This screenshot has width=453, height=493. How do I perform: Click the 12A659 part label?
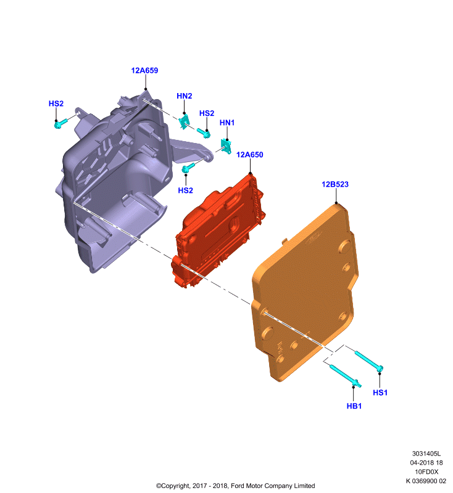click(144, 70)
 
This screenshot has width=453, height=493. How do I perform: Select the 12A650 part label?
click(249, 155)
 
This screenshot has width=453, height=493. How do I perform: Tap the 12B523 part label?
click(335, 184)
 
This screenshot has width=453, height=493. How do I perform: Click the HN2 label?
click(184, 96)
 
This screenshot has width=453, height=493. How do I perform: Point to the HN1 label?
click(227, 123)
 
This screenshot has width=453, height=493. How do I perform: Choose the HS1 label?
click(380, 393)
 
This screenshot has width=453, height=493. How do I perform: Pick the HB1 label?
click(354, 406)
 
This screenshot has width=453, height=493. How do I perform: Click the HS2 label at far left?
click(56, 104)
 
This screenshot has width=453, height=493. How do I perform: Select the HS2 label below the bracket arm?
click(185, 190)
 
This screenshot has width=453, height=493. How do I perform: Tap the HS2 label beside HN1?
click(207, 113)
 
